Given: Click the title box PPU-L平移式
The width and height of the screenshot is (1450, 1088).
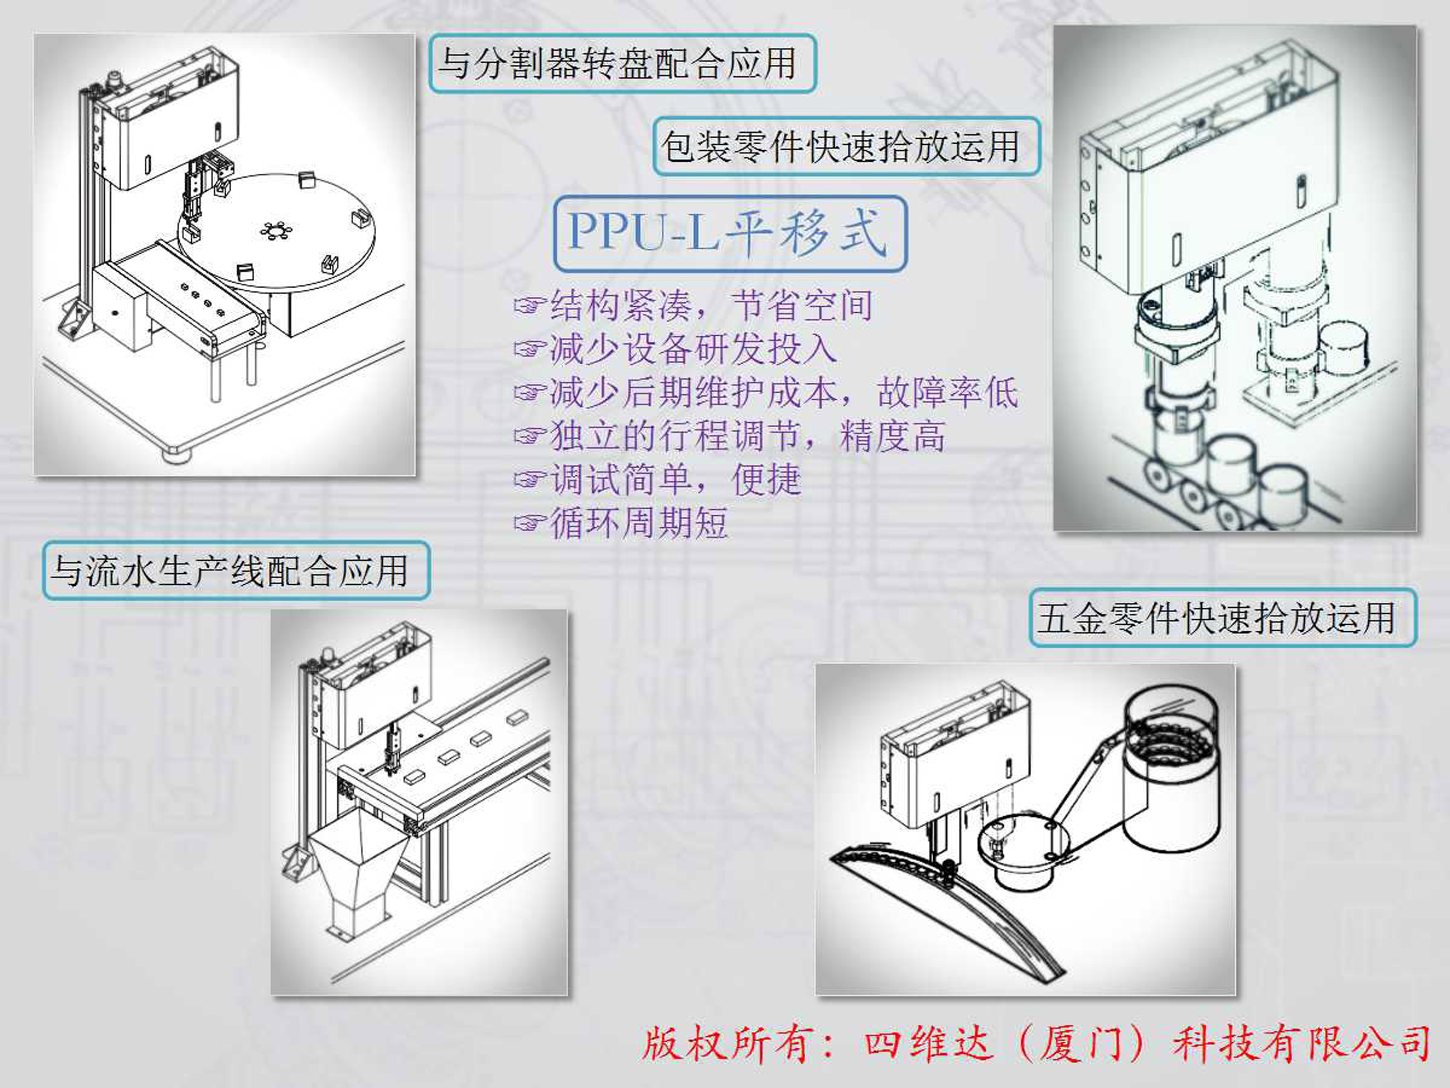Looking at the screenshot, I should [x=730, y=233].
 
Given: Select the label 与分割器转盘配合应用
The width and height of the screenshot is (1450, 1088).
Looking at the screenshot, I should [x=621, y=64].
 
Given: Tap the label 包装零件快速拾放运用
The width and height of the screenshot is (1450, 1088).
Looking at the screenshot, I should [x=845, y=146].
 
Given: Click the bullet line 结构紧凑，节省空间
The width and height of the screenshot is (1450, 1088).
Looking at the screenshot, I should [x=711, y=305].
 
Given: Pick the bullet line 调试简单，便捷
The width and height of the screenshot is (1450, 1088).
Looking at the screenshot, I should [x=675, y=479].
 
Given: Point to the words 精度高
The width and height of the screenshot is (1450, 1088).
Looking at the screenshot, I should [x=892, y=436].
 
